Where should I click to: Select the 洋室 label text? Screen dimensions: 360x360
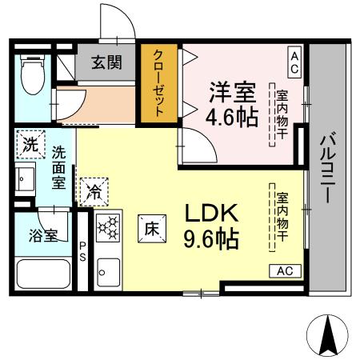(232, 90)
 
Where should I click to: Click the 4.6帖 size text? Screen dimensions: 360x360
(232, 117)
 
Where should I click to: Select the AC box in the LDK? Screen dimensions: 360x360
(285, 271)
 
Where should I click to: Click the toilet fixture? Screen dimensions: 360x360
(33, 74)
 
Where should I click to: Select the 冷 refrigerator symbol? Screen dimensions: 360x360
(94, 191)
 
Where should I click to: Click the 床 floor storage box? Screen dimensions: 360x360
(150, 227)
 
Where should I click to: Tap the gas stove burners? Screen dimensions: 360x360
(106, 228)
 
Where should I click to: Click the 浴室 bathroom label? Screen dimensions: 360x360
(42, 236)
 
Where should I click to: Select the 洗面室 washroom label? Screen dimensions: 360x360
(58, 166)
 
